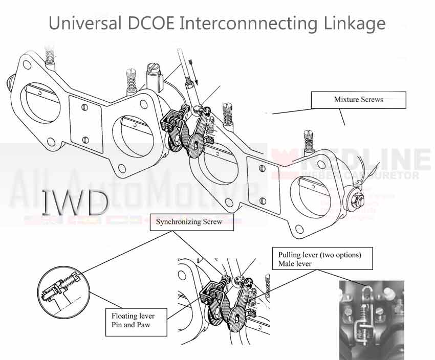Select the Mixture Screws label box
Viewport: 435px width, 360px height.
coord(358,100)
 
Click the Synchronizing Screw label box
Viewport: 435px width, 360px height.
coord(191,222)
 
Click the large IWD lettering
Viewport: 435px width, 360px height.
coord(75,202)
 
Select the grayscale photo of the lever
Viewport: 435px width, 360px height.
coord(372,320)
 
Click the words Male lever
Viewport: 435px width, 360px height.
coord(296,264)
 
